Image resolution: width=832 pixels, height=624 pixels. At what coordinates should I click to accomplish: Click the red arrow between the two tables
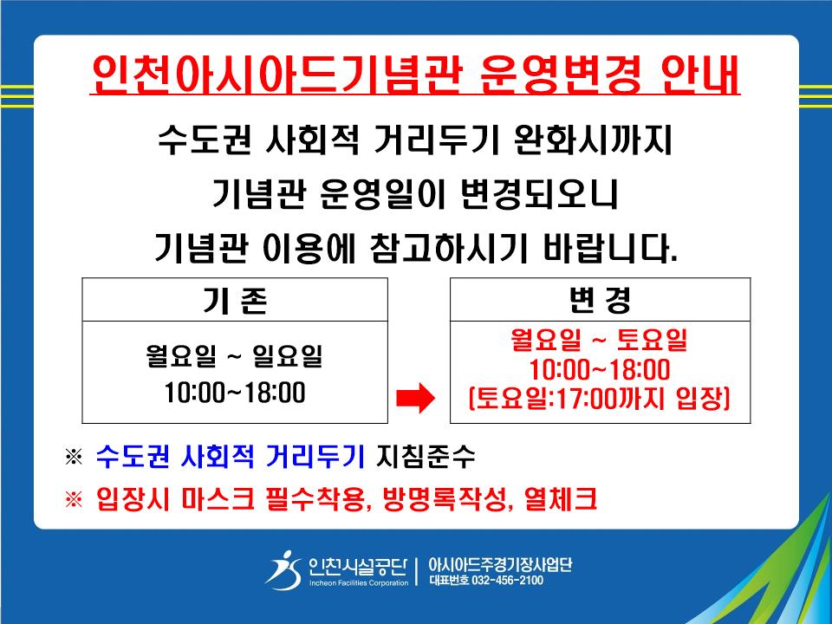pos(416,398)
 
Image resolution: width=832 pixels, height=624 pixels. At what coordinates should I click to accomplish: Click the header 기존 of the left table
pos(235,301)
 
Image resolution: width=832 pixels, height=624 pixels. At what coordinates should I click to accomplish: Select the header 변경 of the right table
pos(600,300)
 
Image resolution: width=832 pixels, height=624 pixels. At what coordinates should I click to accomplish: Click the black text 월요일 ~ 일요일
pos(234,355)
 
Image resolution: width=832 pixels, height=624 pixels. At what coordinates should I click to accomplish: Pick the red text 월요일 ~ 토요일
pos(599,340)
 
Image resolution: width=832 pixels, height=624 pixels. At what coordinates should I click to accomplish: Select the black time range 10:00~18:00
pos(235,393)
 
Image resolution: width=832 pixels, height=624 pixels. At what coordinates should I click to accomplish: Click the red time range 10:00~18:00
pos(600,370)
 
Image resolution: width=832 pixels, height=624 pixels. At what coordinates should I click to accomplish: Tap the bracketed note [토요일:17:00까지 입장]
pos(600,399)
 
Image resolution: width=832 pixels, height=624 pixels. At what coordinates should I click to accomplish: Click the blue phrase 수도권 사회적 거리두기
pos(231,457)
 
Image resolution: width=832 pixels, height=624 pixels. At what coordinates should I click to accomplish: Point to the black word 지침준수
pos(426,457)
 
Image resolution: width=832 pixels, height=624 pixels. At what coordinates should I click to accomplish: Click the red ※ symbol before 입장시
pos(74,499)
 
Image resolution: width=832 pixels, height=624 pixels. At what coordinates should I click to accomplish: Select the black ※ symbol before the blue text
pos(74,457)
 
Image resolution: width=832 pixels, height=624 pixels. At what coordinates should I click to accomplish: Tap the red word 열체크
pos(561,499)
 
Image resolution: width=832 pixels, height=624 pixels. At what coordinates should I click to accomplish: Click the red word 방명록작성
pos(445,499)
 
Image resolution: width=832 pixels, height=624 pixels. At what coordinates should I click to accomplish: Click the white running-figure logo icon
pos(284,570)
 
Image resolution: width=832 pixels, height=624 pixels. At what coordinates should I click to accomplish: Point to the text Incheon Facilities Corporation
pos(359,582)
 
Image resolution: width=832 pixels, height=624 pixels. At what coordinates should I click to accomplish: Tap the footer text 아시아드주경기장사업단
pos(500,563)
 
